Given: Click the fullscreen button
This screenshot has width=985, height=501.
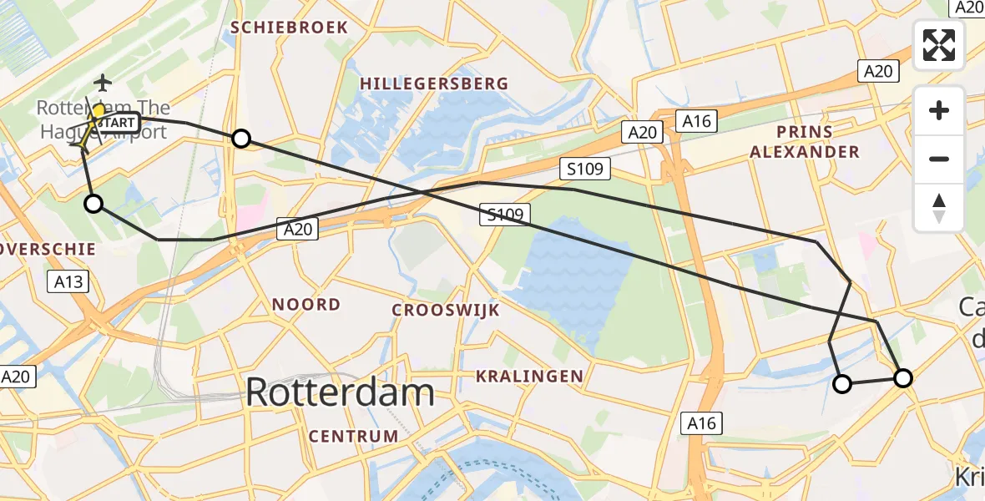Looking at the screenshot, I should pyautogui.click(x=939, y=45).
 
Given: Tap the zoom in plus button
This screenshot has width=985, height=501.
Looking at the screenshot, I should pyautogui.click(x=939, y=111).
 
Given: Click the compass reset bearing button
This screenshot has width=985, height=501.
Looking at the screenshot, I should pyautogui.click(x=939, y=208).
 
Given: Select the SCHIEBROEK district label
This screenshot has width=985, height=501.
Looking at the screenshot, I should pyautogui.click(x=289, y=28).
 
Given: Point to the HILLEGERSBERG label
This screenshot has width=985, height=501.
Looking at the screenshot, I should pyautogui.click(x=434, y=83).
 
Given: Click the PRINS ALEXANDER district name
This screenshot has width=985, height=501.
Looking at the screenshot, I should pyautogui.click(x=804, y=142).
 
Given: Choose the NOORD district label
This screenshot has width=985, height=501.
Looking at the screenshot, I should pyautogui.click(x=306, y=305).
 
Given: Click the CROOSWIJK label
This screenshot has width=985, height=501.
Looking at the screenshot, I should pyautogui.click(x=446, y=310).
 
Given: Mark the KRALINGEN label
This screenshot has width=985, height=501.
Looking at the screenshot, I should pyautogui.click(x=529, y=377).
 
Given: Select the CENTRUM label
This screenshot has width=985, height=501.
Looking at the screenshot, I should pyautogui.click(x=353, y=436).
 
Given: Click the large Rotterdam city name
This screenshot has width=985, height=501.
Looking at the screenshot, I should pyautogui.click(x=341, y=392).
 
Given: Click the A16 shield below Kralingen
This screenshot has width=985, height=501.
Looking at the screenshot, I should pyautogui.click(x=702, y=423).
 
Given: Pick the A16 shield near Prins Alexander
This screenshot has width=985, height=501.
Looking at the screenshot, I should pyautogui.click(x=696, y=122).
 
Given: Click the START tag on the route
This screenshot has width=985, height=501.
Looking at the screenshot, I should pyautogui.click(x=114, y=123).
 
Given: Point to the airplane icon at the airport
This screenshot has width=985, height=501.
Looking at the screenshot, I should pyautogui.click(x=103, y=82).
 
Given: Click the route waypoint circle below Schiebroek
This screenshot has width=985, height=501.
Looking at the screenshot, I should pyautogui.click(x=240, y=139).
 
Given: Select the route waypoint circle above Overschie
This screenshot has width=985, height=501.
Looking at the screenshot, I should pyautogui.click(x=93, y=204).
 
